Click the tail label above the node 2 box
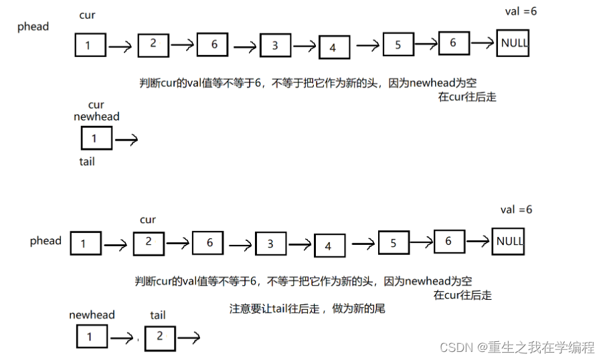158,315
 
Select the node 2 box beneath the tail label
159,337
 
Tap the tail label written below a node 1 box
87,161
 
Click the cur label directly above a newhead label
96,105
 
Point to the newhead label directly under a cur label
96,116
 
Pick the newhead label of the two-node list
92,314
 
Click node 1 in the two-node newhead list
90,337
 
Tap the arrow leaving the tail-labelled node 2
188,338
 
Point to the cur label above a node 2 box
148,219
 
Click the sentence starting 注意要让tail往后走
307,309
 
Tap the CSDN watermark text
517,347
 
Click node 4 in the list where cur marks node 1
333,48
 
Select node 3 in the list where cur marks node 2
270,244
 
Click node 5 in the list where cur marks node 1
398,46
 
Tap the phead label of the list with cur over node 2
46,241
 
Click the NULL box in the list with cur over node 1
513,43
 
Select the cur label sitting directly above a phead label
87,15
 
